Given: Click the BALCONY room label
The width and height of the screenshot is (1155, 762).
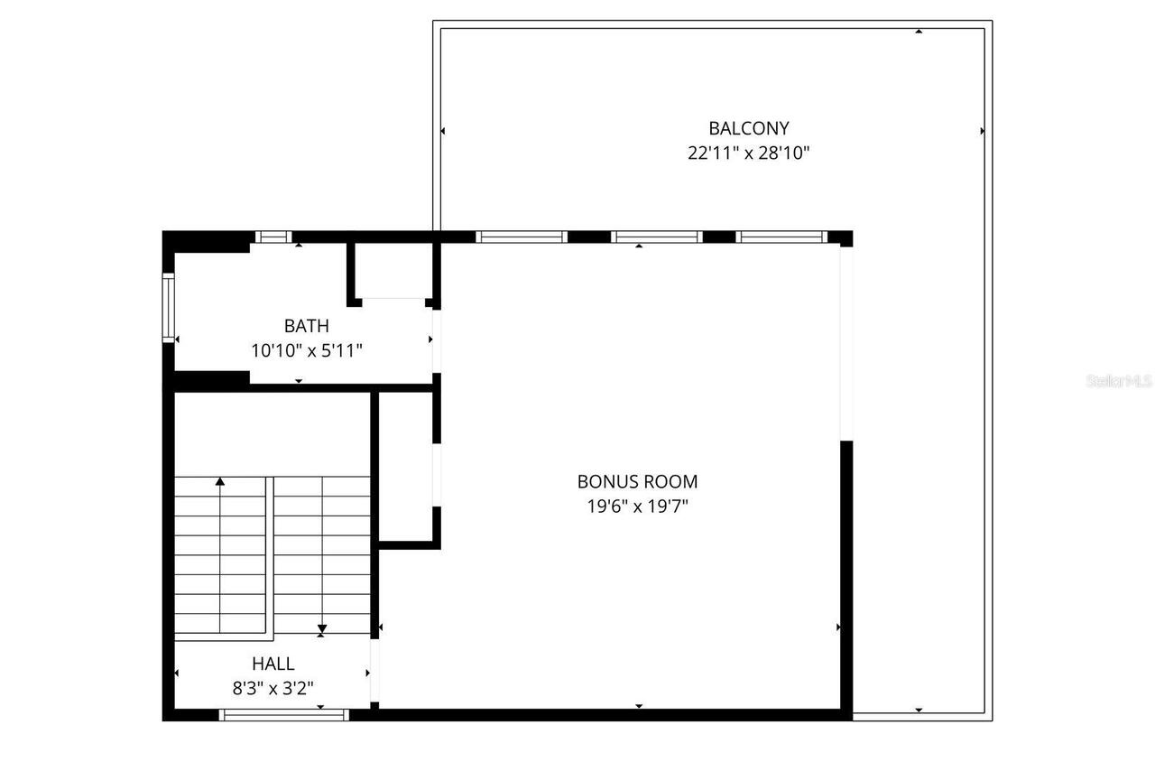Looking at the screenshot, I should tap(748, 128).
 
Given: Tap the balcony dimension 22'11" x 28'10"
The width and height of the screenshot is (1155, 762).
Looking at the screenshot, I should tap(748, 153).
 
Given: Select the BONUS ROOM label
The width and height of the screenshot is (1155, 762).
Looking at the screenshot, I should tap(637, 482).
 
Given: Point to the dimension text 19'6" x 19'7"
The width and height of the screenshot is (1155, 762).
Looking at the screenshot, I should tap(637, 506).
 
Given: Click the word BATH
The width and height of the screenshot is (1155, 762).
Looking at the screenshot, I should tap(307, 326).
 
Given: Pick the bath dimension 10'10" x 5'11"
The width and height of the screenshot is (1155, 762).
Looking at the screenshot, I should tap(307, 350).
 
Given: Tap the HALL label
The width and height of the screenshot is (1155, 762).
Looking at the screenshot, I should tap(273, 664).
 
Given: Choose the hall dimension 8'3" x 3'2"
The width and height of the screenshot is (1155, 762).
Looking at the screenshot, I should tap(273, 689).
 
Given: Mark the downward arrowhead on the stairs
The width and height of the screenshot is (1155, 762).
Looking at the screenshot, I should tap(322, 628).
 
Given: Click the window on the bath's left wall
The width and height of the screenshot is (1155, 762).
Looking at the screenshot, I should tap(168, 309).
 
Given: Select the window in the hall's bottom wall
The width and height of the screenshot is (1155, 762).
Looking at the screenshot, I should tap(284, 715).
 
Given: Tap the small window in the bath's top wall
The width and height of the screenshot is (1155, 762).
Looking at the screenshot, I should tap(273, 237).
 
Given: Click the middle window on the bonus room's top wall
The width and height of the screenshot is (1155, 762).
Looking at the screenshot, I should tap(656, 237).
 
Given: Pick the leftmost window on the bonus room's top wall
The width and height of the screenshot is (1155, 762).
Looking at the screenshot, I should tap(521, 237).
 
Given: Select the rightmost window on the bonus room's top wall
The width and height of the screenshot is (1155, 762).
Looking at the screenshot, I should tap(781, 237).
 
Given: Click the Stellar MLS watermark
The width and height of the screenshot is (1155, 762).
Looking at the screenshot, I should tap(1119, 381).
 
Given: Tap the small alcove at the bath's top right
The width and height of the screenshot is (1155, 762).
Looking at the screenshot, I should tap(393, 271).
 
